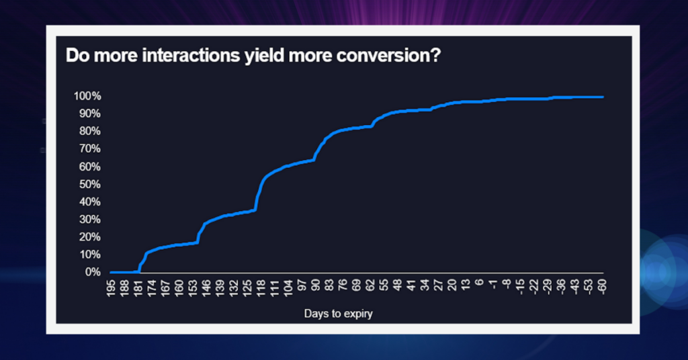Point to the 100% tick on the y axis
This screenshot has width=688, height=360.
87,97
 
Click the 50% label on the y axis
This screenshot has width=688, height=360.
89,185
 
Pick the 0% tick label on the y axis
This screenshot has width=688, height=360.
93,273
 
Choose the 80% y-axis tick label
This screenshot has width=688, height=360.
89,132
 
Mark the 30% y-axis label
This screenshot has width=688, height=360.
89,220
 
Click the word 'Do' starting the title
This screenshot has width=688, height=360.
75,55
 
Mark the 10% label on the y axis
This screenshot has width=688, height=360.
89,255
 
